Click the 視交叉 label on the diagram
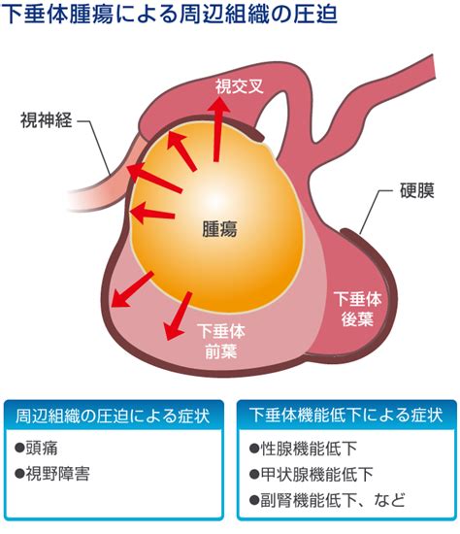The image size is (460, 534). pyautogui.click(x=239, y=86)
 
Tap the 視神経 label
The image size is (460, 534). pyautogui.click(x=47, y=120)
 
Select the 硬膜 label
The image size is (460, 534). pyautogui.click(x=417, y=190)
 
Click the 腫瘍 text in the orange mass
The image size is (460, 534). pyautogui.click(x=219, y=229)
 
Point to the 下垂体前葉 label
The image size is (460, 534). pyautogui.click(x=221, y=341)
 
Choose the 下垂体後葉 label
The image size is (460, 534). pyautogui.click(x=357, y=309)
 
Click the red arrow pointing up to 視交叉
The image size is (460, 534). pyautogui.click(x=217, y=129)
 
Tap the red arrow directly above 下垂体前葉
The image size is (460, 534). pyautogui.click(x=177, y=316)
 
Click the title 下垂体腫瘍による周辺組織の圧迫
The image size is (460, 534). pyautogui.click(x=169, y=15)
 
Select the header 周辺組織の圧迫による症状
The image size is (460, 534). pyautogui.click(x=113, y=416)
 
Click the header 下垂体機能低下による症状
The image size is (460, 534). pyautogui.click(x=345, y=416)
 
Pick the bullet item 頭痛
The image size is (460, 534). pyautogui.click(x=37, y=448)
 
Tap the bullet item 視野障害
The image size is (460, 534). pyautogui.click(x=52, y=474)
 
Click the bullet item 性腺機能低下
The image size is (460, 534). pyautogui.click(x=303, y=449)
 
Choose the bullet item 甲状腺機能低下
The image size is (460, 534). pyautogui.click(x=312, y=474)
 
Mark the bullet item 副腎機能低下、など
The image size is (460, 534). pyautogui.click(x=328, y=500)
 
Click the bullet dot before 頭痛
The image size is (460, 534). pyautogui.click(x=19, y=448)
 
